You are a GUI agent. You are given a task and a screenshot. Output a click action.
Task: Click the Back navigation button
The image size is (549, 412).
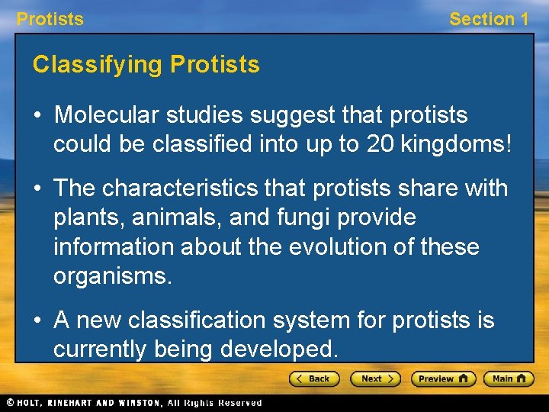(x=313, y=378)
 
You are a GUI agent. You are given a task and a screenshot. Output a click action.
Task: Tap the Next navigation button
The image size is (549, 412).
(x=375, y=378)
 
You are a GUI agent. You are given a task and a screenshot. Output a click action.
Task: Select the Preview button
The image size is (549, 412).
(x=443, y=378)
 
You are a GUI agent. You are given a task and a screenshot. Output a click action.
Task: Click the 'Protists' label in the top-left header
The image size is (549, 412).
(x=50, y=19)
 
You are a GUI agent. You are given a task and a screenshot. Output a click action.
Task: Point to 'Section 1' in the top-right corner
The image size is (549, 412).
(x=488, y=19)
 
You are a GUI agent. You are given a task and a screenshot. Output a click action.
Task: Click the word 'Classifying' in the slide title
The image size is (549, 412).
(x=98, y=65)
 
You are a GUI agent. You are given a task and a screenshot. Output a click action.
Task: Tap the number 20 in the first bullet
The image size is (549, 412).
(x=374, y=145)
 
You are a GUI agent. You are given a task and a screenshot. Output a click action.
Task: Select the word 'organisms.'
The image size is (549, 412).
(x=113, y=276)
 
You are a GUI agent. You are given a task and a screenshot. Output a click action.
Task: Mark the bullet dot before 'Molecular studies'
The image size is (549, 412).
(x=38, y=116)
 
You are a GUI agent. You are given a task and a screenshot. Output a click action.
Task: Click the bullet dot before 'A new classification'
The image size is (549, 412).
(x=38, y=321)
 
